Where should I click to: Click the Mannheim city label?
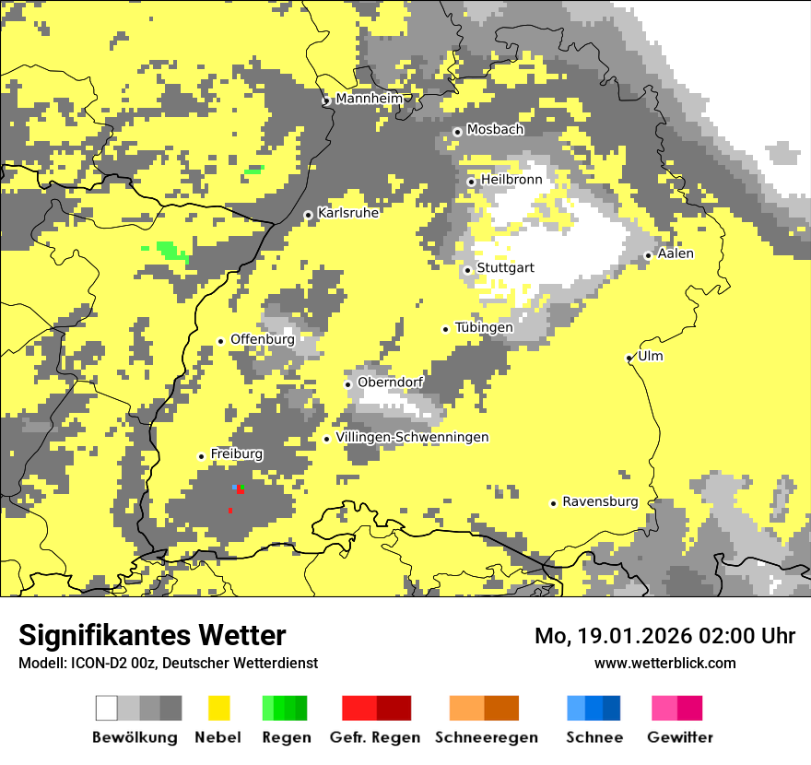tap(369, 99)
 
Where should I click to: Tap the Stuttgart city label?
tap(505, 268)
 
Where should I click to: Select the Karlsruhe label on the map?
tap(348, 213)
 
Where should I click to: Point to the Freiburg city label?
tap(236, 454)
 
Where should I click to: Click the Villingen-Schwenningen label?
tap(412, 437)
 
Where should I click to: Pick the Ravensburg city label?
tap(600, 502)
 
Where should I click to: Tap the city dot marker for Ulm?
tap(629, 358)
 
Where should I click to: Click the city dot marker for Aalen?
tap(649, 255)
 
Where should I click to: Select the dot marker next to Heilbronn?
tap(472, 182)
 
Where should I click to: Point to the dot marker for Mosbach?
tap(457, 132)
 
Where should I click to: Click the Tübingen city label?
tap(484, 327)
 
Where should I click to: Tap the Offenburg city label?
tap(262, 339)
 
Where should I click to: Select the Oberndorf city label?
tap(390, 382)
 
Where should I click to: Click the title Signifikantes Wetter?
tap(152, 635)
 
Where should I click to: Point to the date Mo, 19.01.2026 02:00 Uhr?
tap(664, 636)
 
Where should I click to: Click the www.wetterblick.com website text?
tap(664, 663)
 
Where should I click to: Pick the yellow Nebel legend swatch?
tap(219, 708)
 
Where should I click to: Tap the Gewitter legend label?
tap(680, 737)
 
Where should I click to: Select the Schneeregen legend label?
tap(487, 737)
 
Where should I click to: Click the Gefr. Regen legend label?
tap(375, 737)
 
